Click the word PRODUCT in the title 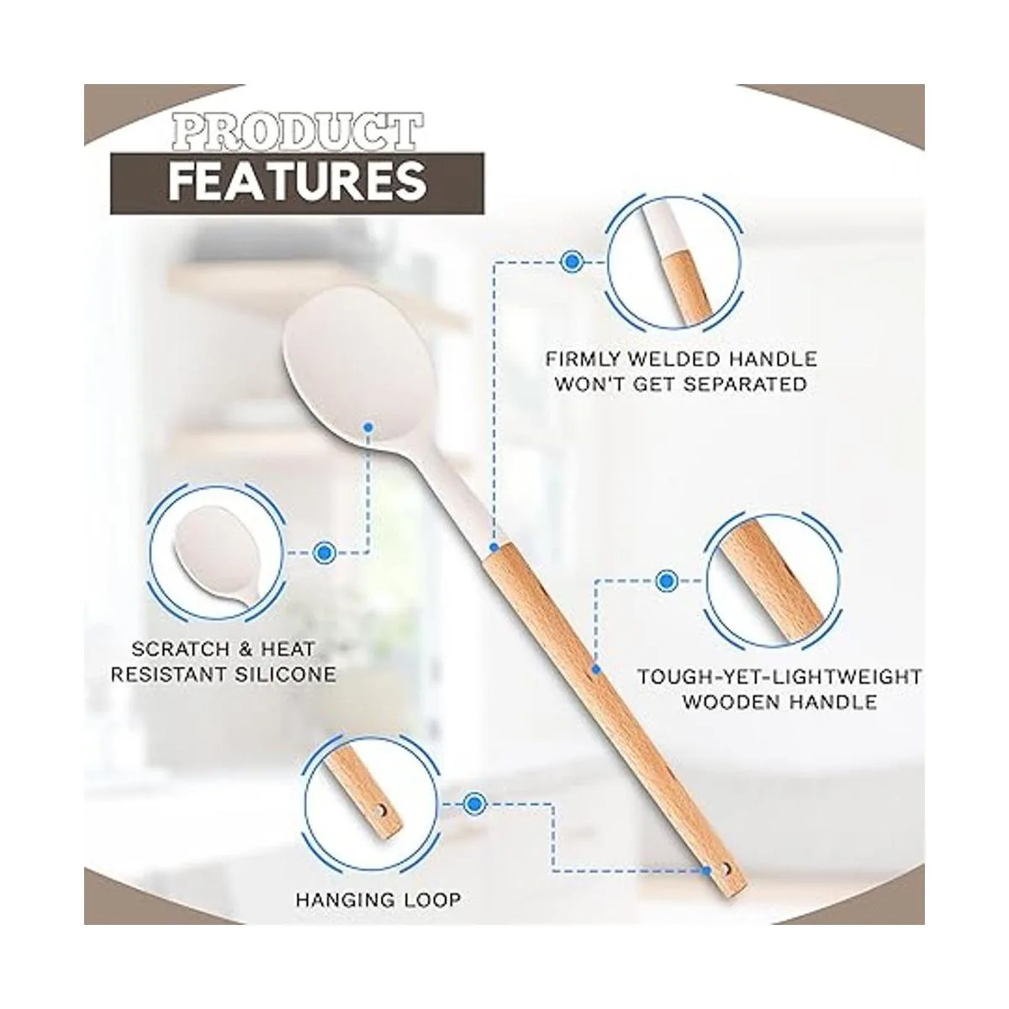296,131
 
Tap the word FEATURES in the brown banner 296,181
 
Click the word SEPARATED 745,385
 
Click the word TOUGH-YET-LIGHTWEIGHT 779,677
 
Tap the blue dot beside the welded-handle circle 572,261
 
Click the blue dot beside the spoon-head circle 325,552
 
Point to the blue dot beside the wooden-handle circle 666,581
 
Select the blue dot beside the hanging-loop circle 475,804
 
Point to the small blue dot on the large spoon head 368,428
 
